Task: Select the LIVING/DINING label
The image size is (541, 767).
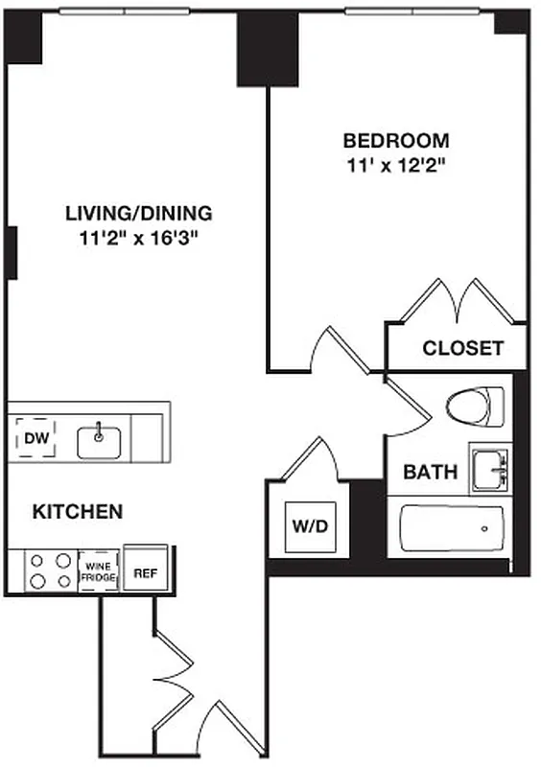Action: pos(139,213)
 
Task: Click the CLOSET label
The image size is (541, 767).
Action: pos(463,348)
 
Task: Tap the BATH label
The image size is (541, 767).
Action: pos(430,472)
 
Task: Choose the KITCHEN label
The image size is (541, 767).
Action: pos(78,512)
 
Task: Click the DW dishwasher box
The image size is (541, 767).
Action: pos(35,440)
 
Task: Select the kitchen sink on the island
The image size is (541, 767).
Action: pos(99,441)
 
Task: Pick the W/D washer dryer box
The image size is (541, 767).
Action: pos(309,526)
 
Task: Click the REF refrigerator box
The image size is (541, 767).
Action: pos(145,573)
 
